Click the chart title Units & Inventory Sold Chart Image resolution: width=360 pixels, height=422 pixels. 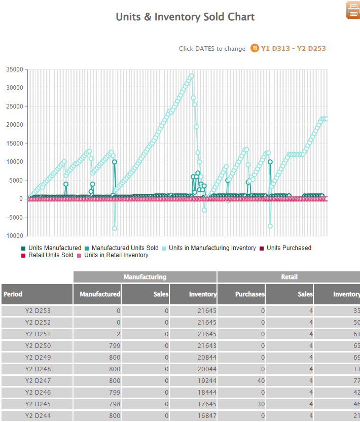[x=185, y=17]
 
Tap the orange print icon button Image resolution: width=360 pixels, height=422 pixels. [x=353, y=10]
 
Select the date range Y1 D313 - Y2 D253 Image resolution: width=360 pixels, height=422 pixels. [x=293, y=49]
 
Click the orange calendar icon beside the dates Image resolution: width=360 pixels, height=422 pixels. [x=255, y=48]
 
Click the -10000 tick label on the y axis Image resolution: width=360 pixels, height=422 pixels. [x=13, y=236]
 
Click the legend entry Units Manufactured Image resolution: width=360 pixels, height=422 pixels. [x=54, y=248]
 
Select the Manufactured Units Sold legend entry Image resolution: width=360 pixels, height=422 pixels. [x=124, y=248]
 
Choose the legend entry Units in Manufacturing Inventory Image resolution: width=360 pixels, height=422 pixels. [x=212, y=248]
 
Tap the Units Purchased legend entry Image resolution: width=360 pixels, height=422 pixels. [x=289, y=248]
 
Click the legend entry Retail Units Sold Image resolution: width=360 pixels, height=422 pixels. [x=51, y=255]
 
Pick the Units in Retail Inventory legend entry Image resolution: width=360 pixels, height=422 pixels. [x=116, y=255]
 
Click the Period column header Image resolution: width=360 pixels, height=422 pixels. [x=13, y=294]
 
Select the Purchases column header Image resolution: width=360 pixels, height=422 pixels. [x=249, y=294]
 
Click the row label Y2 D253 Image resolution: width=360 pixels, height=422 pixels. [x=38, y=311]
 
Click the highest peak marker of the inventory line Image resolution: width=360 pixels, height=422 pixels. [x=192, y=76]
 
